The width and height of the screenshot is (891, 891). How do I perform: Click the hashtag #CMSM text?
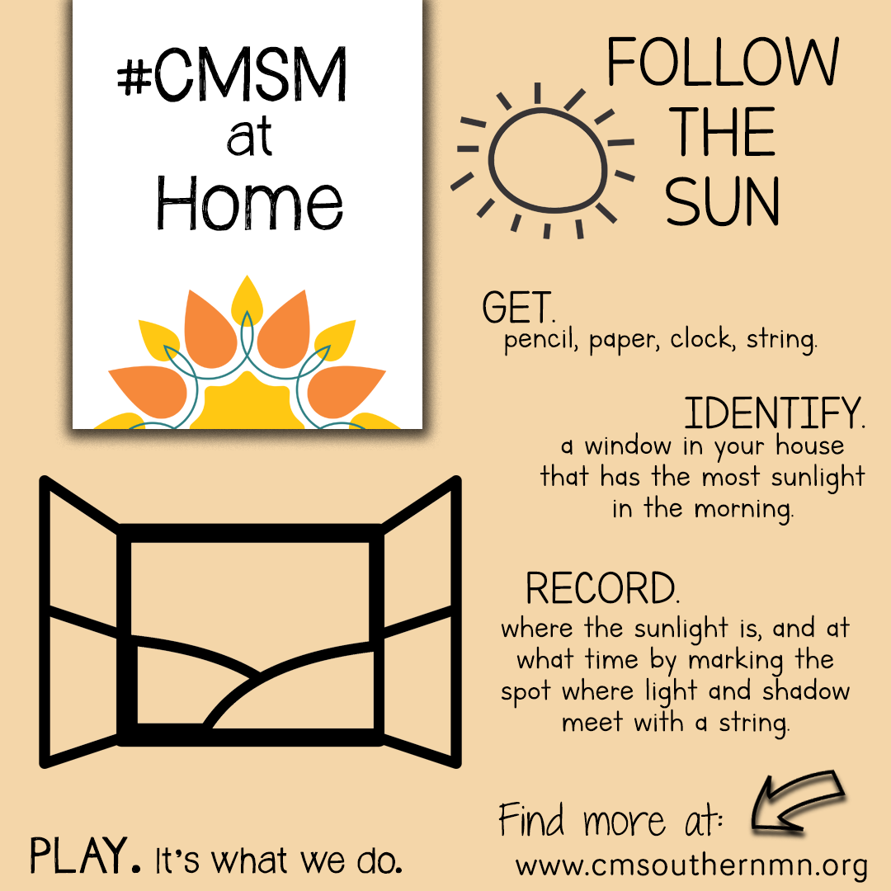(232, 74)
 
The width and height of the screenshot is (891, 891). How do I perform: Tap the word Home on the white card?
(249, 203)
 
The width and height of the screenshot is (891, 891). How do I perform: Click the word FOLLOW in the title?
(723, 62)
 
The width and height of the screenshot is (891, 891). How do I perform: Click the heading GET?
(518, 307)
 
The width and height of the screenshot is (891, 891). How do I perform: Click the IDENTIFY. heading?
(775, 413)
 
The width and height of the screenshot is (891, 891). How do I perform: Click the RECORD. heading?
(602, 589)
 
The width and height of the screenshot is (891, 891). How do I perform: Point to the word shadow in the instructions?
(806, 691)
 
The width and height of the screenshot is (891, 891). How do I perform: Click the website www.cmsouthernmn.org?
(691, 866)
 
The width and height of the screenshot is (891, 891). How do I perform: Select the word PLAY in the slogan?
(79, 856)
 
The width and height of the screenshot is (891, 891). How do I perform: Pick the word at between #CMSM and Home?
(249, 137)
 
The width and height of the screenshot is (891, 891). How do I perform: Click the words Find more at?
(610, 820)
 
